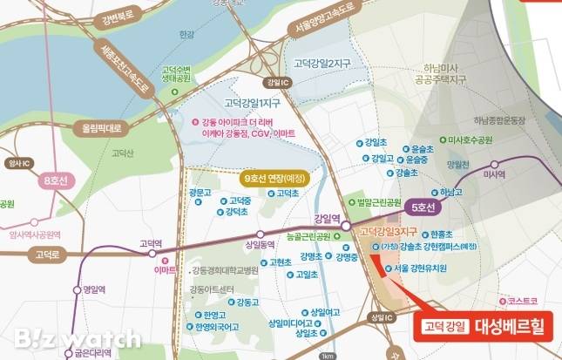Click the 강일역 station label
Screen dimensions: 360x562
tap(326, 219)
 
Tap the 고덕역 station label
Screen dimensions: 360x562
tap(139, 245)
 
